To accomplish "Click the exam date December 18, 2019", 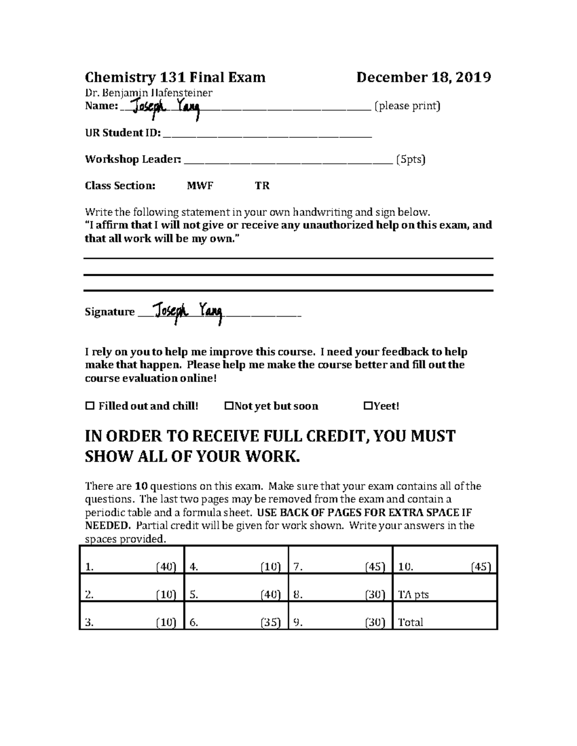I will (423, 77).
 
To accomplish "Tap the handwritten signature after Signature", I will (188, 313).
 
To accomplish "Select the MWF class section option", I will (200, 186).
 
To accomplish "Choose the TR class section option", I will (262, 186).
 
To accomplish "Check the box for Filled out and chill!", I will (89, 406).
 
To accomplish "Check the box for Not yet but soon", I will (229, 406).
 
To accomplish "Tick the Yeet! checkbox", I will (368, 406).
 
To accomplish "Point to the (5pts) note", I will (411, 159).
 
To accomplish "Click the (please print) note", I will (407, 106).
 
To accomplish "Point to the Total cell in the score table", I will (411, 623).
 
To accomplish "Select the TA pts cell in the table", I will (414, 595).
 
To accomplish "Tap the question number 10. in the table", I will (405, 567).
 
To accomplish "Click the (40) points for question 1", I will (166, 567).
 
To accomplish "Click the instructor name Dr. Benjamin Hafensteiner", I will (149, 92).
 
